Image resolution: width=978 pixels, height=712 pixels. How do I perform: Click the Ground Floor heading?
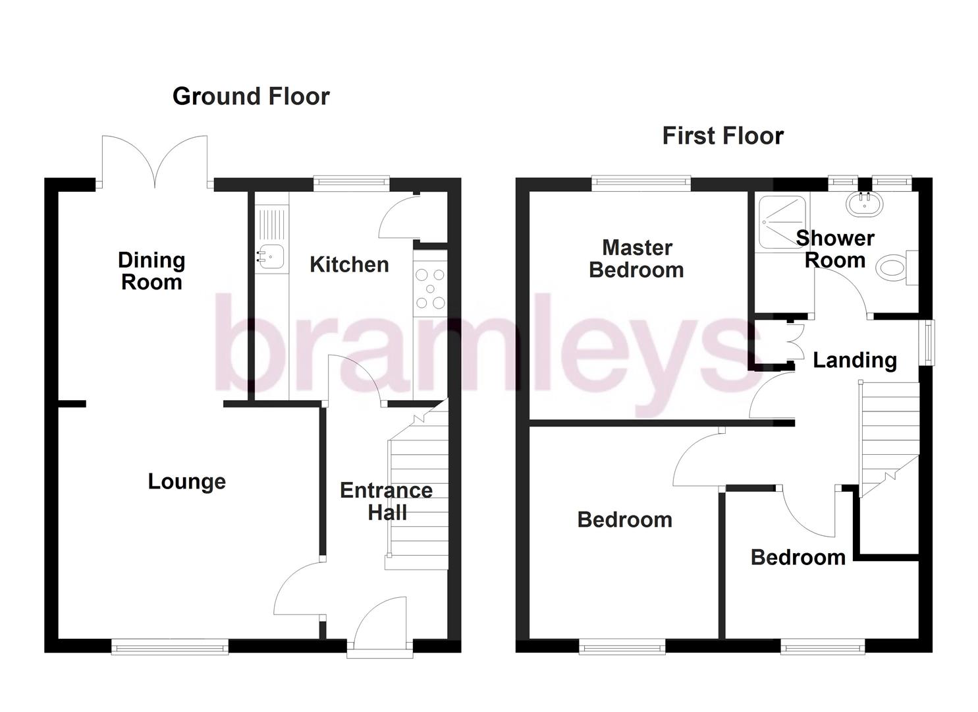pyautogui.click(x=251, y=96)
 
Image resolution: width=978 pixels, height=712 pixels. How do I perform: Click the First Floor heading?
pyautogui.click(x=722, y=136)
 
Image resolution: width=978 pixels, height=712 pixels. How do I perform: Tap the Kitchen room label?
pyautogui.click(x=349, y=264)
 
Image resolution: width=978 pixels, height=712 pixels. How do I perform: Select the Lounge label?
pyautogui.click(x=186, y=481)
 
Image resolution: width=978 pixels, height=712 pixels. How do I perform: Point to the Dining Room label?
pyautogui.click(x=151, y=271)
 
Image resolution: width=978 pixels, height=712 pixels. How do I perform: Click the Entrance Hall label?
pyautogui.click(x=386, y=501)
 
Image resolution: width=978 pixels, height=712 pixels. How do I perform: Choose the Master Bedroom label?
pyautogui.click(x=637, y=258)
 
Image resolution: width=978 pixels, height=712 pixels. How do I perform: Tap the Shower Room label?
pyautogui.click(x=835, y=249)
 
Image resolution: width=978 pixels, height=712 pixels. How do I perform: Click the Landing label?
pyautogui.click(x=855, y=360)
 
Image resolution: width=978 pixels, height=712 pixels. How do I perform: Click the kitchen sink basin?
pyautogui.click(x=271, y=257)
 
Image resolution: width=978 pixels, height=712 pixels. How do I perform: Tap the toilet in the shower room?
pyautogui.click(x=894, y=267)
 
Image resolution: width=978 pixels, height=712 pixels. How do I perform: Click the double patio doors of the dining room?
pyautogui.click(x=155, y=162)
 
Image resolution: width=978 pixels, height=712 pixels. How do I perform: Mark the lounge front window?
pyautogui.click(x=170, y=647)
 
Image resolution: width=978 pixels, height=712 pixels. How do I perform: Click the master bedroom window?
pyautogui.click(x=641, y=183)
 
